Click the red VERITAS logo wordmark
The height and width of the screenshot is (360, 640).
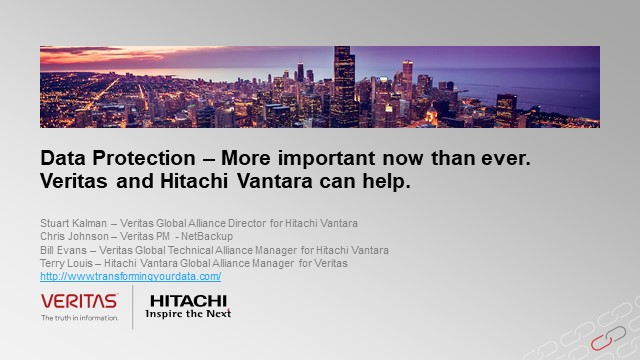click(x=79, y=301)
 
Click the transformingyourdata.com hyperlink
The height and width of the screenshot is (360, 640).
click(x=130, y=276)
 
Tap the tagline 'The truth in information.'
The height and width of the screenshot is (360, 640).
click(x=80, y=318)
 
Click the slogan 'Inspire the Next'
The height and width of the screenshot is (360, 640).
click(x=188, y=313)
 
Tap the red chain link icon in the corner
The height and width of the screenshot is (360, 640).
click(x=603, y=343)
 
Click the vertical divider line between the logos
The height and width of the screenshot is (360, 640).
click(x=134, y=306)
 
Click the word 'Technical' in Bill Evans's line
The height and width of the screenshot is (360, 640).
click(x=220, y=249)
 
